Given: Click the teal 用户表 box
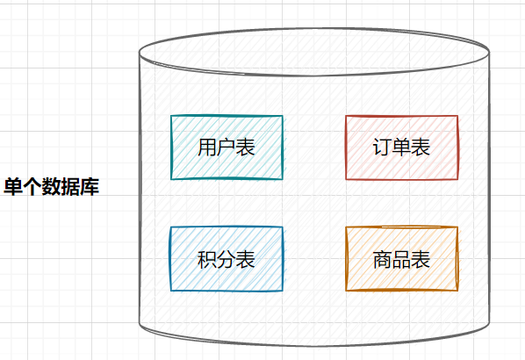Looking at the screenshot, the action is (227, 148).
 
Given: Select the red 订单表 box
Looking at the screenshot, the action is (402, 148).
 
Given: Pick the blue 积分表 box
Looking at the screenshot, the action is (227, 259).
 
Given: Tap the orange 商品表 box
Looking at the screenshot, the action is (402, 259).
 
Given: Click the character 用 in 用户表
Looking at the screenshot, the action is (207, 148).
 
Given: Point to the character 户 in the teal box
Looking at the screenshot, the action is (227, 148).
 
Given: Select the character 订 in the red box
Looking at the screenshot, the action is (383, 148).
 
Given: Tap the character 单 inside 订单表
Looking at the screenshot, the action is (401, 148).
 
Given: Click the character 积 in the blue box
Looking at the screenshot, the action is (207, 259).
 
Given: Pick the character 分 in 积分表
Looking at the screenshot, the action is (227, 259).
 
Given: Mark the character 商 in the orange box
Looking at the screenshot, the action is (383, 259).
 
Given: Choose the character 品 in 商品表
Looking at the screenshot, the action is (401, 260).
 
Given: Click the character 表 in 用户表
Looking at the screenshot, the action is (246, 148).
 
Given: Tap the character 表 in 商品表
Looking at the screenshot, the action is (421, 259).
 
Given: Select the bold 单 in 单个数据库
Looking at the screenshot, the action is (13, 186).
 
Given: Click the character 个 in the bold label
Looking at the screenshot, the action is (32, 186).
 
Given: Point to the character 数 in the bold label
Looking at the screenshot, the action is (51, 186).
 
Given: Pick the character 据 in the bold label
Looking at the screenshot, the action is (70, 186).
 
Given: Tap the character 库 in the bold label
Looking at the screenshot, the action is (90, 186).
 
